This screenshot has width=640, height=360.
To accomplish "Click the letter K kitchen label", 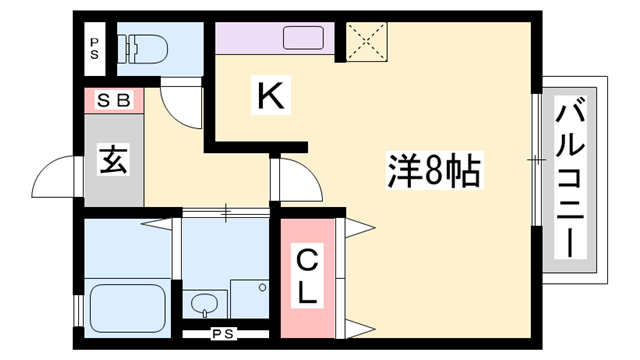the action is click(x=271, y=96).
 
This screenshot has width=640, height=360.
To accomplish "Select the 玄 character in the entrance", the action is click(x=111, y=159).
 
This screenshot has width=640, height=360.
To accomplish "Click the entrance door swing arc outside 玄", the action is click(x=55, y=180).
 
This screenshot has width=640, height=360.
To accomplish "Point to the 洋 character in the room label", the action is click(x=400, y=171).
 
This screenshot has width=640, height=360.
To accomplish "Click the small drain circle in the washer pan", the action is click(x=261, y=287).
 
